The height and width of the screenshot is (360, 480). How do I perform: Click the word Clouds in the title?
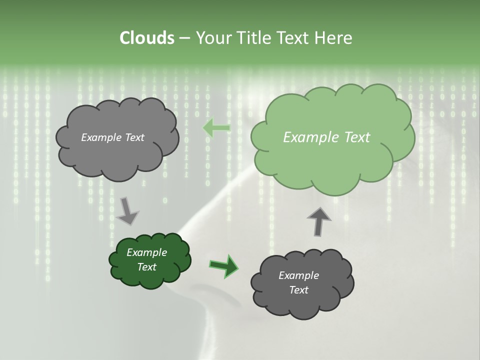coord(146,38)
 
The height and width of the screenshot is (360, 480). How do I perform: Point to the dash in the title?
coord(184,38)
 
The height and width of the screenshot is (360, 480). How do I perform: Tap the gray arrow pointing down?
coord(128,211)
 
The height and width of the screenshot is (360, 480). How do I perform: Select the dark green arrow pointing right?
coord(223,265)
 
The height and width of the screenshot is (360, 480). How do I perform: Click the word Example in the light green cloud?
coord(306,137)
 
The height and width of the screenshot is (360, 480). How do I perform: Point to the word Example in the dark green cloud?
coord(146,252)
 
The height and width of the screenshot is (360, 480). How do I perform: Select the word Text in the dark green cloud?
coord(146,267)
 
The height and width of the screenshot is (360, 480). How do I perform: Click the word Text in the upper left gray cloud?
coord(134,137)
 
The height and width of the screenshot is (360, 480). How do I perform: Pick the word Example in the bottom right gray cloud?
coord(298,275)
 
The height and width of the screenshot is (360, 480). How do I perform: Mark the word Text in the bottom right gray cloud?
coord(298,290)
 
